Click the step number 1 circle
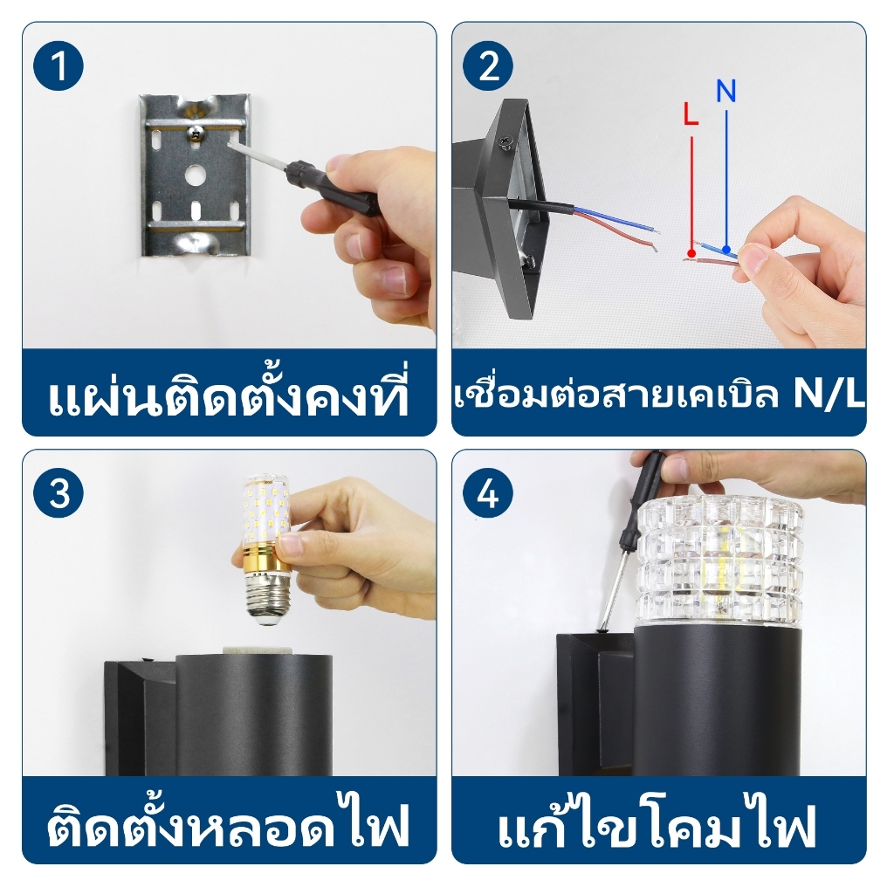coord(58,65)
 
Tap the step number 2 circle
coord(488,65)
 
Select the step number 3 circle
coord(58,492)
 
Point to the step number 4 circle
coord(488,492)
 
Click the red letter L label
coord(691,113)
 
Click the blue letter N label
coord(726,91)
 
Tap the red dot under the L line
coord(691,252)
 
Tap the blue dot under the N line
coord(726,249)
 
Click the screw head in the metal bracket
coord(196,133)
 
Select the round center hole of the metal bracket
coord(195,175)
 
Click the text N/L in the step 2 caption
coord(829,394)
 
